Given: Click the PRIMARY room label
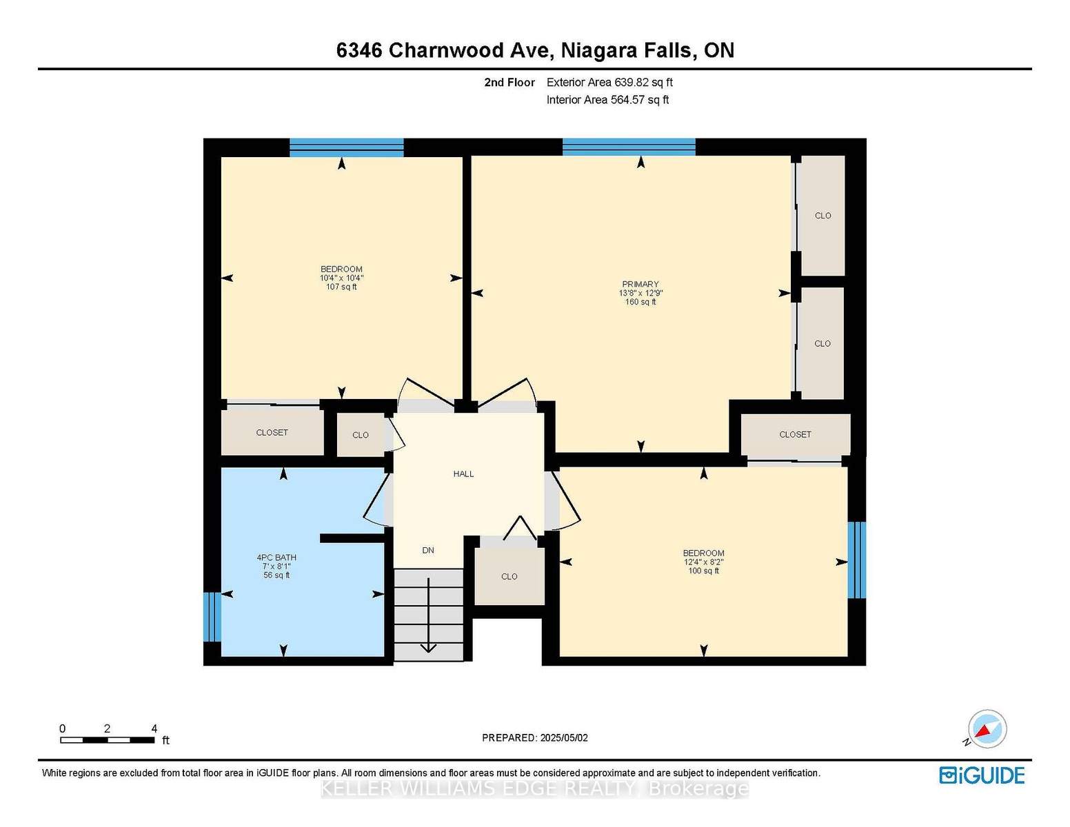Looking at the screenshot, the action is coord(640,284).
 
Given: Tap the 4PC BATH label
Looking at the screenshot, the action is coord(276,558).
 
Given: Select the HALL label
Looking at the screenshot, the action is coord(463,473).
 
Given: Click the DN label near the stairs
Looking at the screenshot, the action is coord(428,550).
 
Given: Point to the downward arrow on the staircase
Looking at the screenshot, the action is coord(428,615).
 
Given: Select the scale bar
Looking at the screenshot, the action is coord(108,740).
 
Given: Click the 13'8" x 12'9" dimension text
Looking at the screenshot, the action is coord(640,293).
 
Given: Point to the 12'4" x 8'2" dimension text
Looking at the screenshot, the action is coord(703,562).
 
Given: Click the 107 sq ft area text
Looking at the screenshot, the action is coord(341,287).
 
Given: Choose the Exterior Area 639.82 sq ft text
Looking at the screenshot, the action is coord(609,82).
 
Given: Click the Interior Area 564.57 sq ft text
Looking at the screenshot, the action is coord(607,100).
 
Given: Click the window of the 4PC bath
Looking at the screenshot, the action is coord(212,617).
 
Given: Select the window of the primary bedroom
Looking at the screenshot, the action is coord(629,147).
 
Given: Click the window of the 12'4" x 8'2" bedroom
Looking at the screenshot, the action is coord(857,560).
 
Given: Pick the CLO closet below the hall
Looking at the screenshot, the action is coord(509,576).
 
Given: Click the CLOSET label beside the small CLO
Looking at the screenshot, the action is coord(272,432).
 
